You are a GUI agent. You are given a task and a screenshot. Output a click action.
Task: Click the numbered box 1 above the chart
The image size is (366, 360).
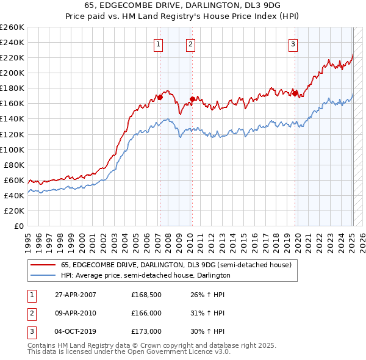pos(158,44)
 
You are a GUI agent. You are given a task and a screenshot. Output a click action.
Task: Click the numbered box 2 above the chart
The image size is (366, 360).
pos(190,44)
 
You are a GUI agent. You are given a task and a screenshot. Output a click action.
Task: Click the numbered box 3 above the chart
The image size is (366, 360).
pos(293,44)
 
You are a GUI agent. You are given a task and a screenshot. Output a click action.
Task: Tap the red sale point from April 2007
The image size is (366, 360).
pos(160,97)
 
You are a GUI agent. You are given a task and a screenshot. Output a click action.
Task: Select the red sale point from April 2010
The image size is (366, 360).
pos(192,99)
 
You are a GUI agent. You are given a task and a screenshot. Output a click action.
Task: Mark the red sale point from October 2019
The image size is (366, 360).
pos(295,93)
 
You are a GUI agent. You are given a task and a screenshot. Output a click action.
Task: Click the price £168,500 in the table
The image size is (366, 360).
pos(145,295)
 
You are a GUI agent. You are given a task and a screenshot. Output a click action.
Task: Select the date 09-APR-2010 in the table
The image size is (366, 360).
pos(76,313)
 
